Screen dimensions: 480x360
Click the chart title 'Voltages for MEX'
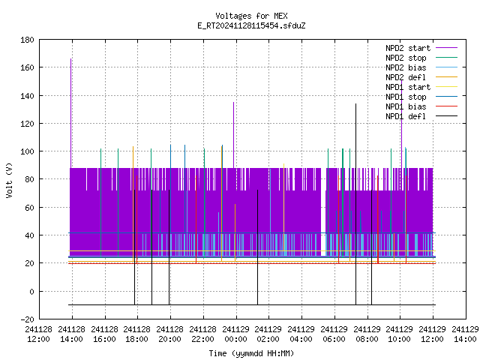tap(251, 16)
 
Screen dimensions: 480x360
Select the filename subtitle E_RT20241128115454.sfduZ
tap(251, 25)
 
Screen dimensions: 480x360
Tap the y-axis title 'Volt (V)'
tap(9, 180)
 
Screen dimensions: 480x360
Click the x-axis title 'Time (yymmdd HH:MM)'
tap(251, 353)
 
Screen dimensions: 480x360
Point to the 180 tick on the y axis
tap(27, 40)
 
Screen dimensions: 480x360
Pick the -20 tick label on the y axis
tap(27, 319)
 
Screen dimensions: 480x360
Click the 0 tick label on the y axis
tap(31, 292)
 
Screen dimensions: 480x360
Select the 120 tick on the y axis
tap(27, 124)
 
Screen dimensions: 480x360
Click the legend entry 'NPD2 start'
tap(421, 48)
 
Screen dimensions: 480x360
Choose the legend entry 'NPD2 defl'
tap(421, 77)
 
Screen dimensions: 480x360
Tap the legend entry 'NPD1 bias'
tap(421, 106)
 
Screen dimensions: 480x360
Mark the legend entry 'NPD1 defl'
tap(421, 116)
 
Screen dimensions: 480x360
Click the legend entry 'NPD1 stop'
tap(421, 97)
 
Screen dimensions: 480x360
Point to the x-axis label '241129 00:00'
tap(235, 334)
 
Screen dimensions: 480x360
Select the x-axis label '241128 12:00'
tap(38, 334)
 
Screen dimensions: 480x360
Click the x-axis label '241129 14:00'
tap(465, 334)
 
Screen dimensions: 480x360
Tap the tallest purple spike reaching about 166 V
tap(71, 113)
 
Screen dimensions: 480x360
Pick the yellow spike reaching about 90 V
tap(283, 208)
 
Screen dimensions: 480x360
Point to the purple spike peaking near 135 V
tap(233, 135)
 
